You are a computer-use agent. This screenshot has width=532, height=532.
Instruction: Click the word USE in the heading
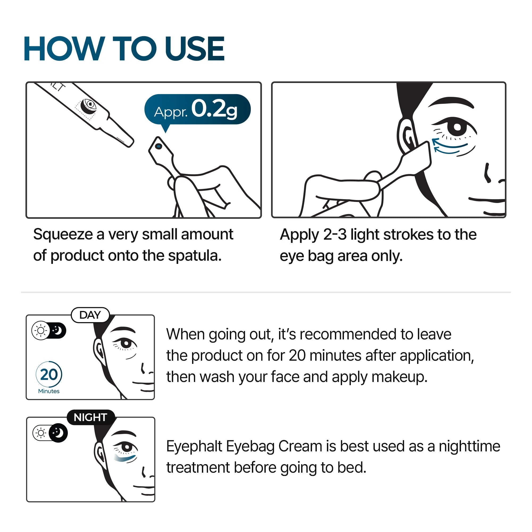[194, 49]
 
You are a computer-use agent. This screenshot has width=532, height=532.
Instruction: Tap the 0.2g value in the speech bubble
[214, 109]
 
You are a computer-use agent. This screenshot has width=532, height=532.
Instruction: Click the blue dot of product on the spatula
[159, 147]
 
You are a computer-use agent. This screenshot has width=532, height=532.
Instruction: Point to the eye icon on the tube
[89, 105]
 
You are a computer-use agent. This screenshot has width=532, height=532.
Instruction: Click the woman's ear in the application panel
[406, 135]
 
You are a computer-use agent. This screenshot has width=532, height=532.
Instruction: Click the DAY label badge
[90, 315]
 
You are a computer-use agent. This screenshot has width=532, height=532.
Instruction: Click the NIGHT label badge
[90, 417]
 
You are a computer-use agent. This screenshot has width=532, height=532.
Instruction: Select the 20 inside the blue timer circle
[49, 375]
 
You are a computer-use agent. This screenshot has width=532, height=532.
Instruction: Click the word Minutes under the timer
[49, 391]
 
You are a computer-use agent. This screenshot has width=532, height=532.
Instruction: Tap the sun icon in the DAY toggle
[41, 330]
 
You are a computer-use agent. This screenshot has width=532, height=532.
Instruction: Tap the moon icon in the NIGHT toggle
[58, 433]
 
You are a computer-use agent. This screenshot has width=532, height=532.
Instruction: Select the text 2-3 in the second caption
[335, 235]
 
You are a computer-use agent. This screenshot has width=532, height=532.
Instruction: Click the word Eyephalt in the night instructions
[194, 446]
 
